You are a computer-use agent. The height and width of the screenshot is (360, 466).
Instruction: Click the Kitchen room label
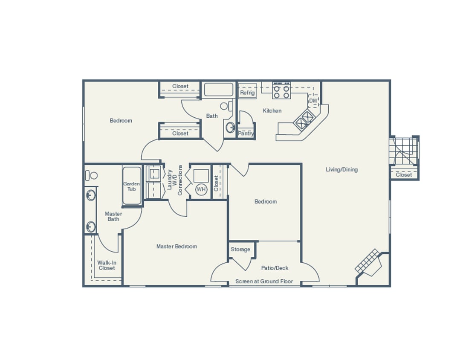(x=272, y=111)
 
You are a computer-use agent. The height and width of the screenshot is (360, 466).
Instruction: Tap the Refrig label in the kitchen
(x=247, y=93)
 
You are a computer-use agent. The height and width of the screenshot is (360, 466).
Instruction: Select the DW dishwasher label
(x=313, y=101)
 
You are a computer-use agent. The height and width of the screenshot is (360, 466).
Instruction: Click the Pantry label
(x=246, y=134)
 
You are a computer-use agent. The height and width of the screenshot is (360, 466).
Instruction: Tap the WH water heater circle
(x=201, y=189)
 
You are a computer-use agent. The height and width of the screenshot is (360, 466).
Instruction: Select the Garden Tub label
(x=132, y=186)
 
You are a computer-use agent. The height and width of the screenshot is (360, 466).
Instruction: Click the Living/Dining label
(x=342, y=170)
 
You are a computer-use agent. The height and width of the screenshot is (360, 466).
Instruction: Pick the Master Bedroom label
(x=177, y=247)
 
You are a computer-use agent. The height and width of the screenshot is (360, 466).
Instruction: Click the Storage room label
(x=240, y=250)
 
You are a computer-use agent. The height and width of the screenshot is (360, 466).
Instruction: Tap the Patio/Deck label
(x=275, y=268)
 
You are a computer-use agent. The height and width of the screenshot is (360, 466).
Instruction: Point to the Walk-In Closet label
(x=107, y=265)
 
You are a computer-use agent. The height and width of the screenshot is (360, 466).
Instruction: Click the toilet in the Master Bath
(x=91, y=175)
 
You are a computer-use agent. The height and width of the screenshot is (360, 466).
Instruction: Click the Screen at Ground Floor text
(x=264, y=282)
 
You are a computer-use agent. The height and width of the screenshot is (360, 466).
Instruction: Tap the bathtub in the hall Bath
(x=218, y=90)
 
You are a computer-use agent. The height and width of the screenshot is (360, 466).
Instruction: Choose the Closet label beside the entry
(x=404, y=175)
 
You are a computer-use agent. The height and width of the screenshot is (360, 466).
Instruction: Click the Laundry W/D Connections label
(x=175, y=180)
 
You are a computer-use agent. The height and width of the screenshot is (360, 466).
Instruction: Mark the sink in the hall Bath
(x=230, y=127)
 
